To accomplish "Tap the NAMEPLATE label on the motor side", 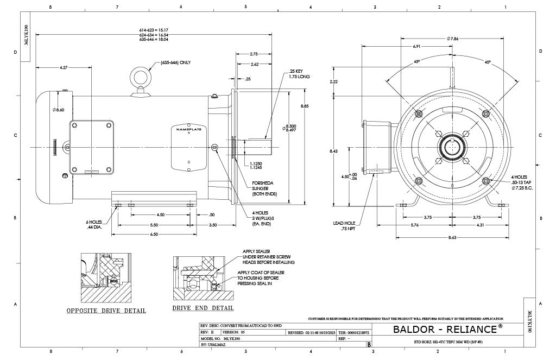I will [188, 129].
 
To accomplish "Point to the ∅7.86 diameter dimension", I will [453, 39].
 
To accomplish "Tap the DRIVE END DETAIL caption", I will [203, 308].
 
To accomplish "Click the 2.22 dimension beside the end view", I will [334, 81].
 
